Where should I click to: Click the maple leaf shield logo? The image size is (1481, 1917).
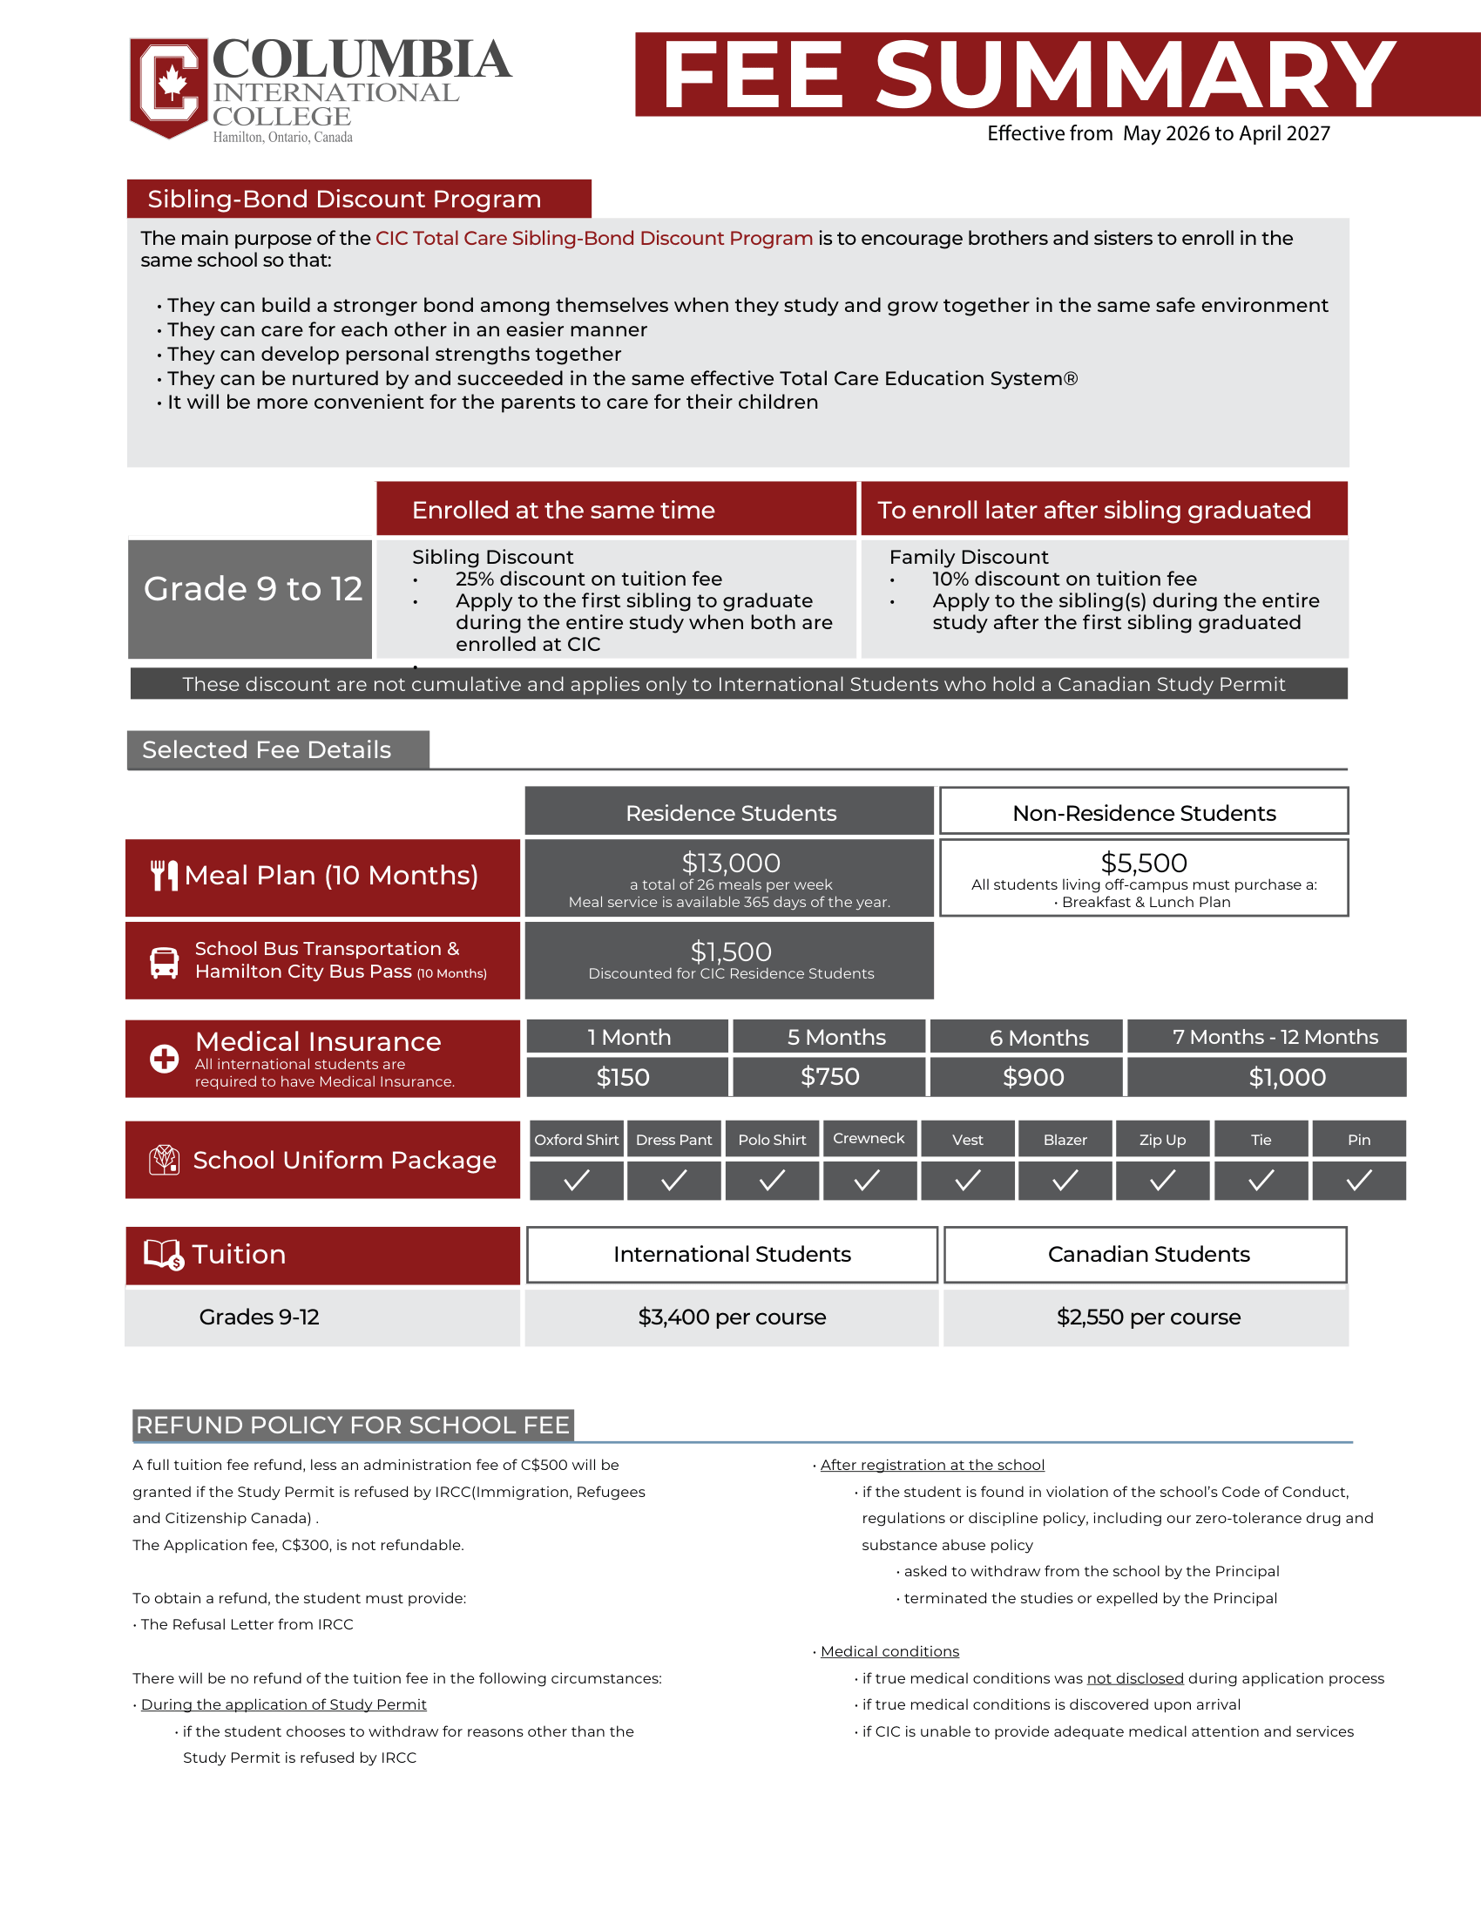point(169,87)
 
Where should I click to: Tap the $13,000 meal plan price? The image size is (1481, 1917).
point(730,863)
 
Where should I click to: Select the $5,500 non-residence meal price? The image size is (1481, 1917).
point(1143,863)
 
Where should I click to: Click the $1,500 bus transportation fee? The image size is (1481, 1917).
point(730,952)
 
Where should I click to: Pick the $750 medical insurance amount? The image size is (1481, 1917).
point(829,1077)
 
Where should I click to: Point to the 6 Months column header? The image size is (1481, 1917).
point(1038,1038)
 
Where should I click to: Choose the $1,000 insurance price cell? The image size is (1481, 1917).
point(1286,1077)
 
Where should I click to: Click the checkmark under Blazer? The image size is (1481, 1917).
point(1065,1182)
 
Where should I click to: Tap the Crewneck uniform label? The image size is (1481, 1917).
point(869,1139)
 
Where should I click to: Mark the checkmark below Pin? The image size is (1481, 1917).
point(1358,1182)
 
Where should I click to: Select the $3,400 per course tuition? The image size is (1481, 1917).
point(732,1317)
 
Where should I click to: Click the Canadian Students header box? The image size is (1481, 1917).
point(1147,1254)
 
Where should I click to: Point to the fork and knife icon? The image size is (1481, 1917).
point(164,875)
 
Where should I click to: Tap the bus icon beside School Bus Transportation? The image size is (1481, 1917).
point(164,962)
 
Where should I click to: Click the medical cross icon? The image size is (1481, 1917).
point(164,1059)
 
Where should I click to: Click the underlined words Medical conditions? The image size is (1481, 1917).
point(889,1651)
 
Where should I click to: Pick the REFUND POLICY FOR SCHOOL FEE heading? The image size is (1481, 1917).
point(353,1425)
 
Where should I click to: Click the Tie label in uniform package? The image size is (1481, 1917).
point(1260,1140)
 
